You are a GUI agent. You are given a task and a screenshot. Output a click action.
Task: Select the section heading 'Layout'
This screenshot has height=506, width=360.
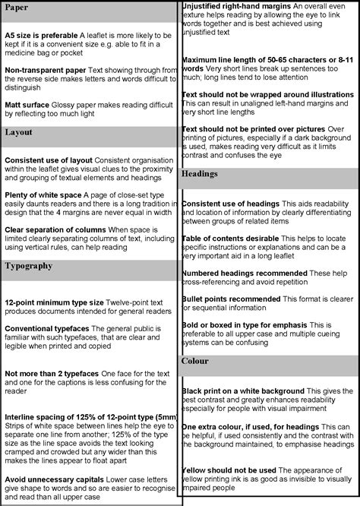coord(19,132)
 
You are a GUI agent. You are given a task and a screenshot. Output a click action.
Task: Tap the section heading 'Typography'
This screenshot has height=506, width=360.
coord(29,266)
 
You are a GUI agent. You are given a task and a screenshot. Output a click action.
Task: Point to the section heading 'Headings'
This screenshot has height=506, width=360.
coord(201,174)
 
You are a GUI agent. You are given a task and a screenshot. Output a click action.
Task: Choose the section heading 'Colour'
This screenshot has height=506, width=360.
coord(195,362)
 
